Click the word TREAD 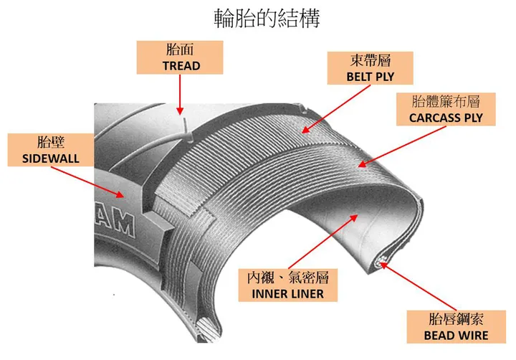point(181,65)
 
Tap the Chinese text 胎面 point(181,50)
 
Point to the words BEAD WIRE point(455,335)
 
